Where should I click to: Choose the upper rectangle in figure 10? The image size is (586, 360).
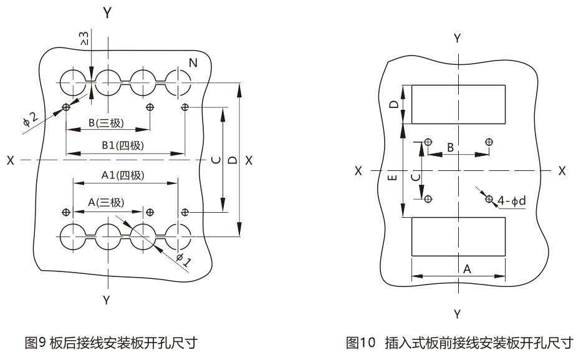point(458,104)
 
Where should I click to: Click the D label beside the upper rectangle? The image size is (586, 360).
point(393,104)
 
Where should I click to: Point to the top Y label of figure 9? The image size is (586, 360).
point(107,12)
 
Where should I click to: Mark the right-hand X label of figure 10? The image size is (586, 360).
point(562,170)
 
